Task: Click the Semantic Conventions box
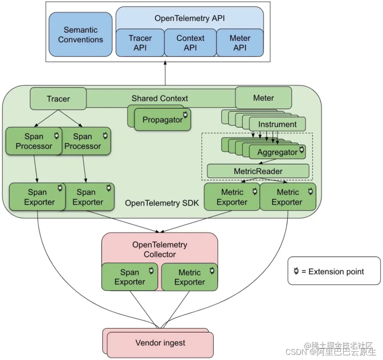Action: point(80,35)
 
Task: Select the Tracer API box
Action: point(140,43)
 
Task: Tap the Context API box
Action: point(190,43)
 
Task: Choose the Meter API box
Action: point(239,43)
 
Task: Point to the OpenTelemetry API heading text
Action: point(190,18)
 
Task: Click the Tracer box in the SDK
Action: point(58,99)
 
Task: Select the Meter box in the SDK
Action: point(263,98)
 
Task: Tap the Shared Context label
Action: point(159,98)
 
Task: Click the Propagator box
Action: point(162,120)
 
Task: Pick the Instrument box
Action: point(277,125)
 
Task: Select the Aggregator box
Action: point(277,152)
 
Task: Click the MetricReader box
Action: point(258,171)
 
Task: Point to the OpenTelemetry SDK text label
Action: point(162,203)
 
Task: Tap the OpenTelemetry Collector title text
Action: point(159,250)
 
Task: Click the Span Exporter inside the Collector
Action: point(129,277)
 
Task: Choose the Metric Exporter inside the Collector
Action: point(189,277)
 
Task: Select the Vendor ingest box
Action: point(160,343)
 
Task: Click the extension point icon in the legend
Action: point(295,272)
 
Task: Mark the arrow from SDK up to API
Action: point(165,73)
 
